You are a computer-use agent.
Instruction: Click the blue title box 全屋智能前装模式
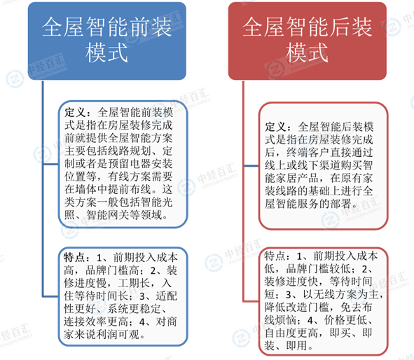(107, 41)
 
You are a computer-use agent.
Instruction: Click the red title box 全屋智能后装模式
(308, 41)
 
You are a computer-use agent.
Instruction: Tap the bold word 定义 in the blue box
(75, 113)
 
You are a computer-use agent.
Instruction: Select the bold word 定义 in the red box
(275, 127)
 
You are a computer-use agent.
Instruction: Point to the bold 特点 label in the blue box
(74, 257)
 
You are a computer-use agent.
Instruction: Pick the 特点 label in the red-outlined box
(275, 256)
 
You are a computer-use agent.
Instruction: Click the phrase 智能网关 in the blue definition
(108, 215)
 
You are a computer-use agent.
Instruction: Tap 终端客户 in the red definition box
(308, 153)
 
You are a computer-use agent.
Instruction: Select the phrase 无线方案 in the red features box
(336, 294)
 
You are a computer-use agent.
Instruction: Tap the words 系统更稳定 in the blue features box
(134, 309)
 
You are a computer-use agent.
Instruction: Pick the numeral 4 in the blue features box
(142, 322)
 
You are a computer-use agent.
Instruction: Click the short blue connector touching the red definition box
(251, 166)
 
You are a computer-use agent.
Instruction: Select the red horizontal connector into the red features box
(251, 301)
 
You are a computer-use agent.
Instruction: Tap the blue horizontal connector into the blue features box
(50, 297)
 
